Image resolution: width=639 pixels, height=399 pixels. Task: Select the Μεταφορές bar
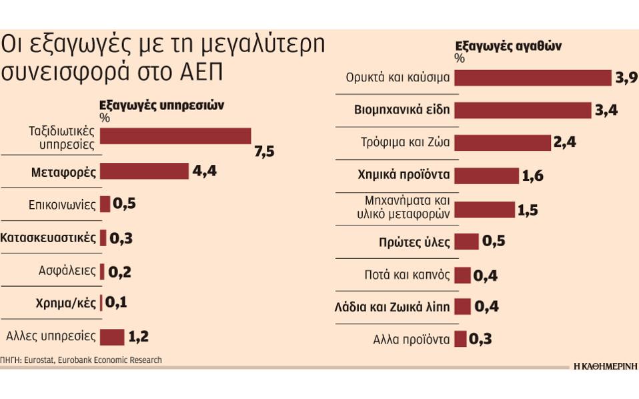(144, 171)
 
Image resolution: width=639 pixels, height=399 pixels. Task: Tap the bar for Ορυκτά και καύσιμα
(533, 77)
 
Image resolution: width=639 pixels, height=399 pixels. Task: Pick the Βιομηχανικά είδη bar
(523, 110)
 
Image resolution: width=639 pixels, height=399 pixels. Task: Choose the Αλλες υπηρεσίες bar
(112, 336)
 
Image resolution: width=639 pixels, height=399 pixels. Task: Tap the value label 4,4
(205, 171)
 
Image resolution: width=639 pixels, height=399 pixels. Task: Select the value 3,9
(626, 77)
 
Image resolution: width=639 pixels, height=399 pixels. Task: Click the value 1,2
(137, 336)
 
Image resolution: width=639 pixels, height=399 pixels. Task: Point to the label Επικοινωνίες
(62, 204)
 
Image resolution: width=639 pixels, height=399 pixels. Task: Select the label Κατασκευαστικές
(48, 238)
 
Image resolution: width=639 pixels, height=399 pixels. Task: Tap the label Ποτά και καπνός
(408, 274)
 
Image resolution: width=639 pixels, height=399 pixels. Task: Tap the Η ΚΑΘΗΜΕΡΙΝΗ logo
(606, 366)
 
